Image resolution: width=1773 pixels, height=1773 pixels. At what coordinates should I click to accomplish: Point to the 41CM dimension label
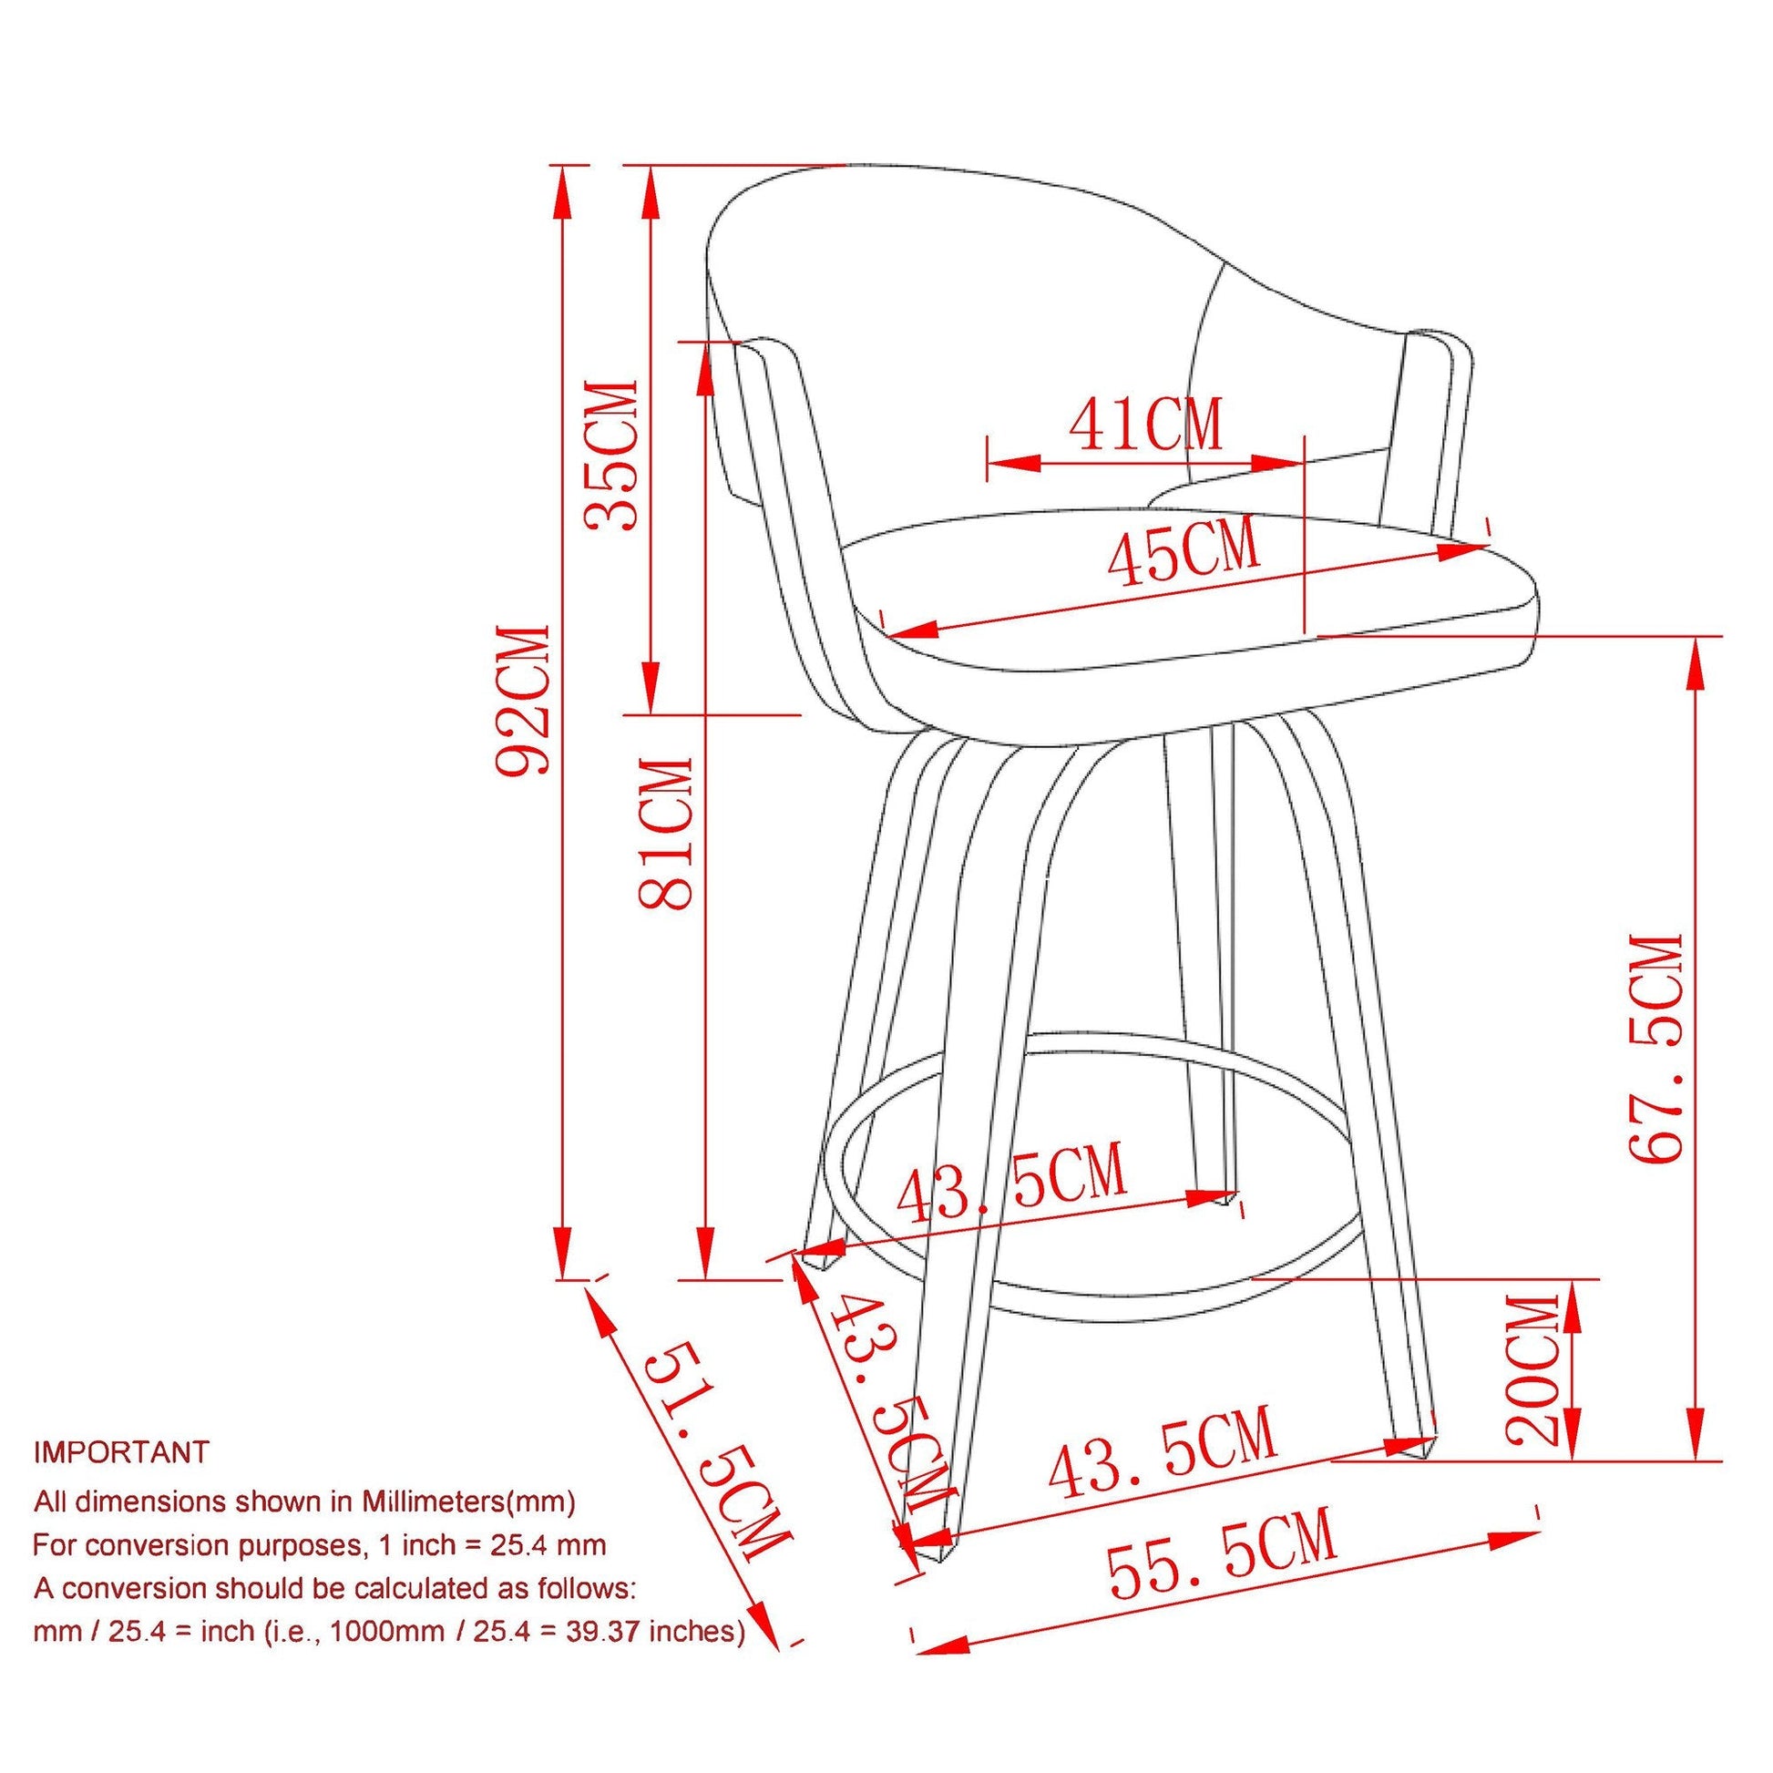pyautogui.click(x=1147, y=424)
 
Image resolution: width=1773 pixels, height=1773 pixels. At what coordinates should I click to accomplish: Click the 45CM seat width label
pyautogui.click(x=1184, y=551)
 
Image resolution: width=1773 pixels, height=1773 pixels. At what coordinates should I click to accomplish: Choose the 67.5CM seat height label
pyautogui.click(x=1656, y=1048)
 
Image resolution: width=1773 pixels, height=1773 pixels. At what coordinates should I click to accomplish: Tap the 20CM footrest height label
pyautogui.click(x=1533, y=1370)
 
